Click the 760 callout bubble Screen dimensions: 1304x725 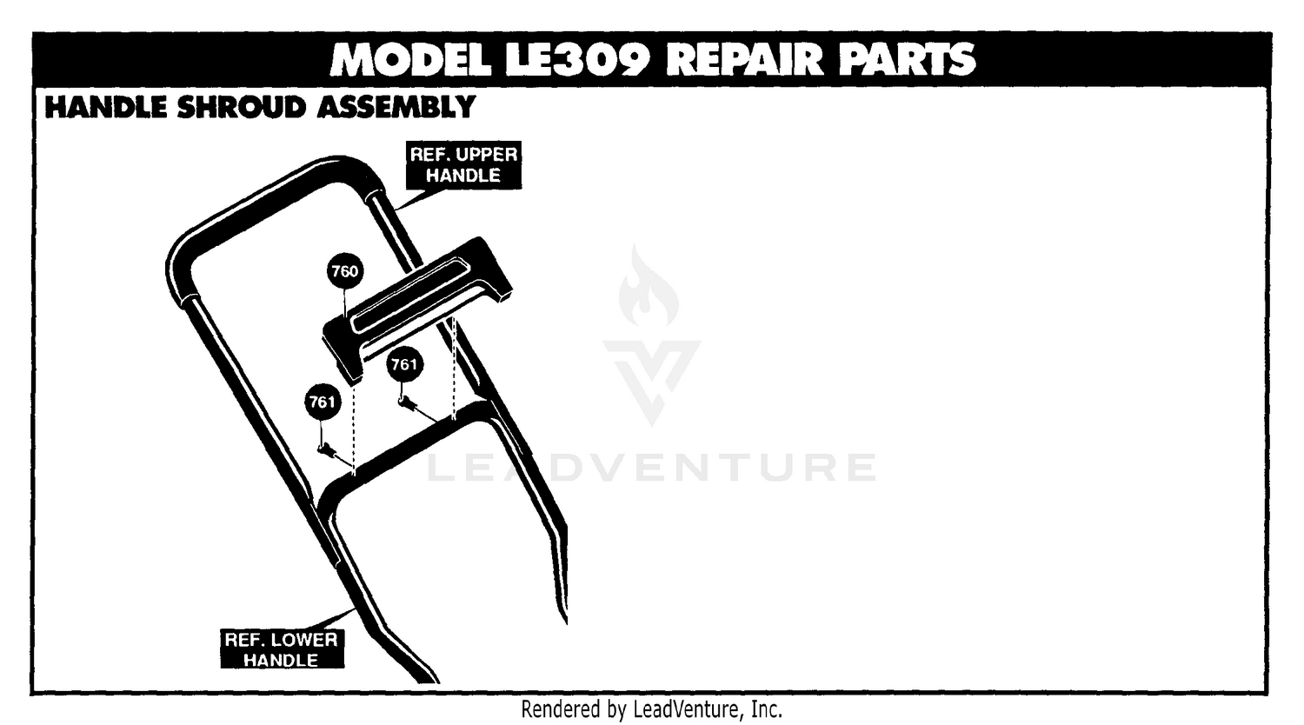[x=345, y=270]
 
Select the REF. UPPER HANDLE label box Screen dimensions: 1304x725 [x=463, y=165]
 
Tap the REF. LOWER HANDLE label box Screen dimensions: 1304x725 [x=282, y=649]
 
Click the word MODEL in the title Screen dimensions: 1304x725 [x=410, y=59]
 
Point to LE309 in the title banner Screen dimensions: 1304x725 [x=577, y=59]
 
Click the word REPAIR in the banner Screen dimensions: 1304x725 [x=744, y=59]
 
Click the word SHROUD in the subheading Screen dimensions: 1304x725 [x=241, y=107]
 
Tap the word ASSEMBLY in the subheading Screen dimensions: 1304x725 [x=396, y=107]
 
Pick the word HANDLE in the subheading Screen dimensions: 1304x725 [x=106, y=107]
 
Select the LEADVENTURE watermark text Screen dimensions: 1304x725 [x=652, y=468]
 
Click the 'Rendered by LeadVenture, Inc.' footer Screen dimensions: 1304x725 [x=651, y=709]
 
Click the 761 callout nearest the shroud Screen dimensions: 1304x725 [x=404, y=364]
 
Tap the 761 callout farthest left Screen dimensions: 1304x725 [x=323, y=402]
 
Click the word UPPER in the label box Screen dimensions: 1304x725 [x=488, y=155]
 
